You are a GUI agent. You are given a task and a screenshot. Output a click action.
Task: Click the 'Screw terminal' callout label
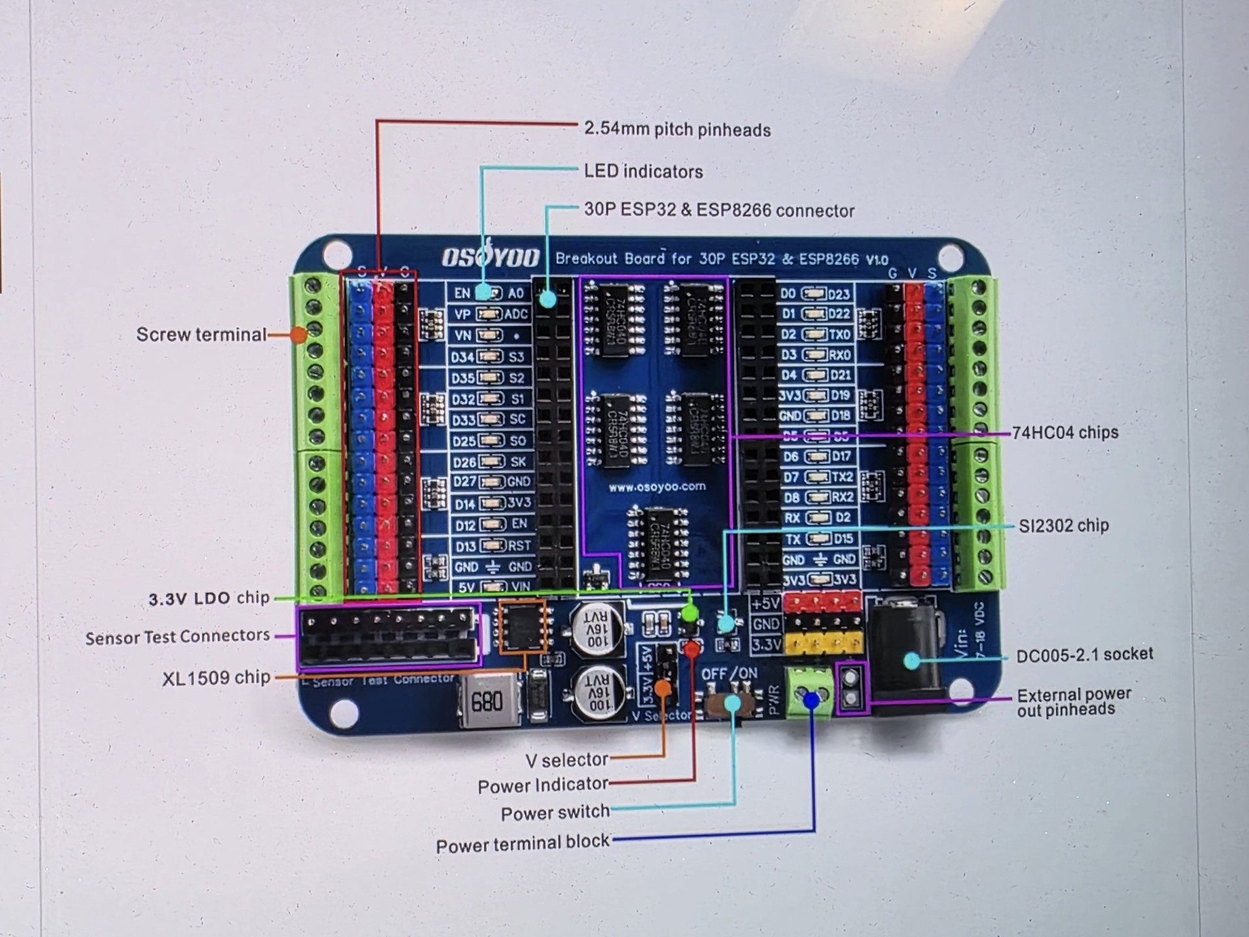201,335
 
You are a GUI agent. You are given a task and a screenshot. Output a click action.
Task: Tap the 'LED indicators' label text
643,172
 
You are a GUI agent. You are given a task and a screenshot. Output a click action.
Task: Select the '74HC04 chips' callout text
1065,433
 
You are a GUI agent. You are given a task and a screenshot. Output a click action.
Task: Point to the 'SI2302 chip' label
1063,526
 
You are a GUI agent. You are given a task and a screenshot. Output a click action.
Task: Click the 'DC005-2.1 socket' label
1084,655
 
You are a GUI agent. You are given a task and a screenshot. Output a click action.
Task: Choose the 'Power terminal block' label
522,845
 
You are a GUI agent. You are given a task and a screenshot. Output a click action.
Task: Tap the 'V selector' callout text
567,760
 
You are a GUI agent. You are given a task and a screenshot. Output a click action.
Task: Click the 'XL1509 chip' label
216,678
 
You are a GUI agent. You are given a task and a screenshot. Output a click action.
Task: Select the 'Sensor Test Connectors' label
178,637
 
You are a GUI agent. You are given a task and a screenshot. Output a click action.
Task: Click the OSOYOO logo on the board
490,258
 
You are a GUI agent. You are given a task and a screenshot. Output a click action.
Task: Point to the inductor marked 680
488,701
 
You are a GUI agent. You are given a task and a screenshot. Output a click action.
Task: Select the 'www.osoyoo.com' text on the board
656,487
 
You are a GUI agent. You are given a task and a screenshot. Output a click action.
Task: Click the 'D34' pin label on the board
463,357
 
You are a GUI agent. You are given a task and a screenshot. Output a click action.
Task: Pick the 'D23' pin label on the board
839,294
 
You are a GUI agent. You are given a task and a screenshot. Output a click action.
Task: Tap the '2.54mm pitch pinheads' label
677,129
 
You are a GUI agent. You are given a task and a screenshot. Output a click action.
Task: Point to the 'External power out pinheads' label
1073,703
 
